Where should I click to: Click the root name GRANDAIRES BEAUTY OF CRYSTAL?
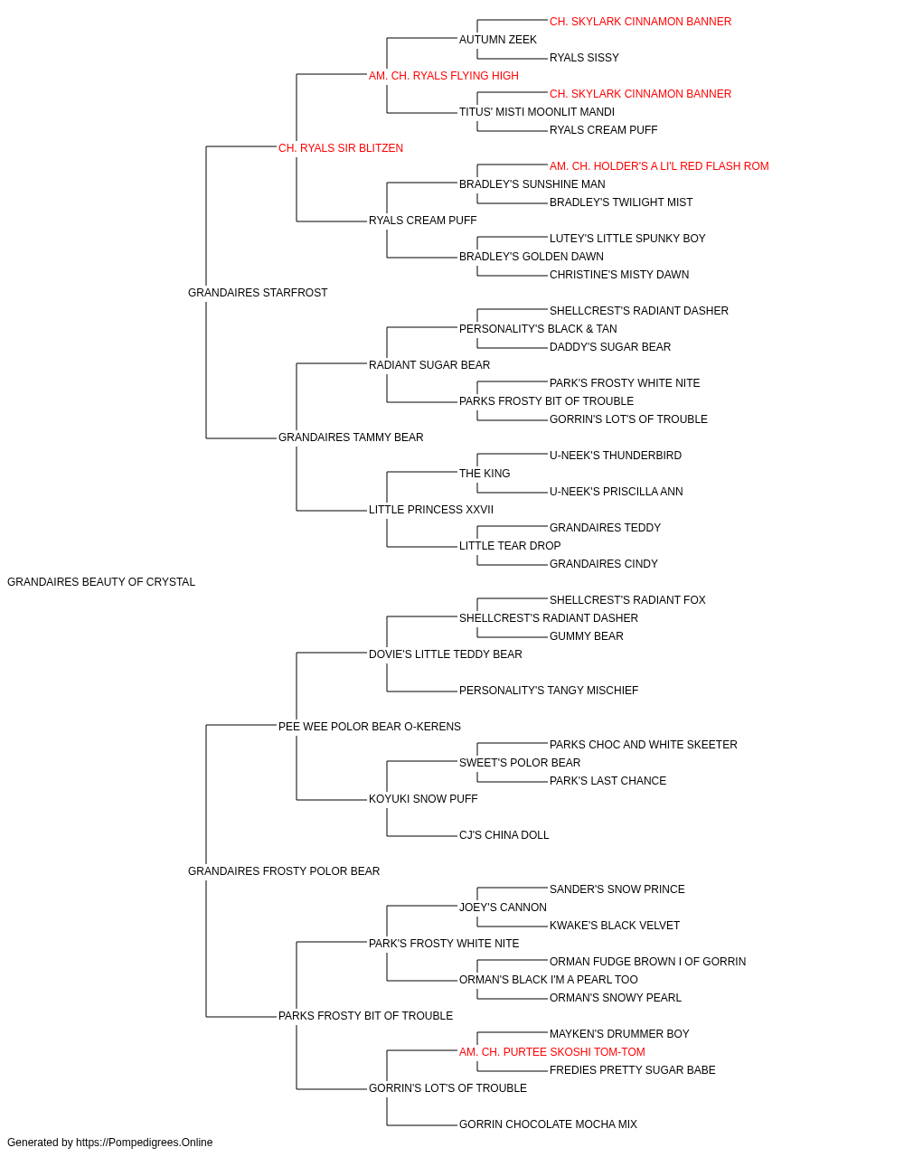click(101, 582)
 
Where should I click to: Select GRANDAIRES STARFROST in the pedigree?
click(258, 293)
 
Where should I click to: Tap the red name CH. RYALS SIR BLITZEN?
click(341, 148)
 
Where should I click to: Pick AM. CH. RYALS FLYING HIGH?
click(444, 76)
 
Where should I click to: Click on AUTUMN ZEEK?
click(498, 40)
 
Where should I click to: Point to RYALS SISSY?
click(584, 58)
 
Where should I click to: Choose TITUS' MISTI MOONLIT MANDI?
click(537, 112)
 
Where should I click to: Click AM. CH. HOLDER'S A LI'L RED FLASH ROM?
click(659, 166)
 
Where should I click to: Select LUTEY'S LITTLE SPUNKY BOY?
click(627, 239)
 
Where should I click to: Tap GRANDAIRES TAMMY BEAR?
click(351, 437)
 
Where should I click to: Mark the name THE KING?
click(485, 474)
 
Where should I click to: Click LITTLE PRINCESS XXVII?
click(431, 510)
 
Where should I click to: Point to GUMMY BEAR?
click(586, 636)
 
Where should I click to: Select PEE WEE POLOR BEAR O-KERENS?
click(370, 727)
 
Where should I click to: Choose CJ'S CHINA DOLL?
click(504, 835)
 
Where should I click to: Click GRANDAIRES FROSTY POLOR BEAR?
click(284, 871)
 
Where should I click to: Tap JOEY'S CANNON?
click(504, 908)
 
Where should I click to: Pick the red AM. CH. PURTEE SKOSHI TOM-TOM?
click(552, 1052)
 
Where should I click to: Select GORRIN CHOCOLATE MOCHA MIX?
click(548, 1124)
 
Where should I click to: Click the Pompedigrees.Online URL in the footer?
click(145, 1143)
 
